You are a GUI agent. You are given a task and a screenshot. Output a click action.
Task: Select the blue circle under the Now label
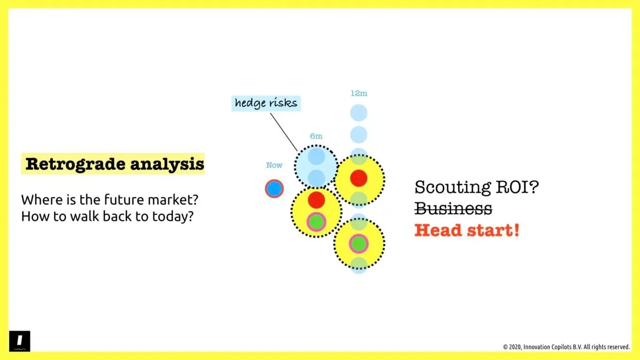click(274, 188)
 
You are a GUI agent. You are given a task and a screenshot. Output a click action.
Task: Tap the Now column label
click(274, 165)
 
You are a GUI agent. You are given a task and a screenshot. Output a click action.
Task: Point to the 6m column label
click(316, 137)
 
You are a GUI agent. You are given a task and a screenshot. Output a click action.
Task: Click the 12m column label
click(359, 93)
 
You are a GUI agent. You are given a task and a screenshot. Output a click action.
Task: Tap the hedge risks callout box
click(266, 102)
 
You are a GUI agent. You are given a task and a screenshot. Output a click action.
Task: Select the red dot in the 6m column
click(316, 199)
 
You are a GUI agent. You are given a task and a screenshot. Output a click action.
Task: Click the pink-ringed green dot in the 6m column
click(316, 221)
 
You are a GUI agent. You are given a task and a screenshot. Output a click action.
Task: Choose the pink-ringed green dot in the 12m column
click(359, 244)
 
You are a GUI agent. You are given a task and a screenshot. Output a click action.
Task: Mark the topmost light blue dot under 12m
click(359, 113)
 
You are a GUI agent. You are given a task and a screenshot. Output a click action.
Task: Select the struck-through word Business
click(453, 209)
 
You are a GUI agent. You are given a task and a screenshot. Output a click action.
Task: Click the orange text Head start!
click(467, 230)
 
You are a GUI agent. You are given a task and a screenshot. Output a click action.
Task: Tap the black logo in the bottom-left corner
click(20, 341)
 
